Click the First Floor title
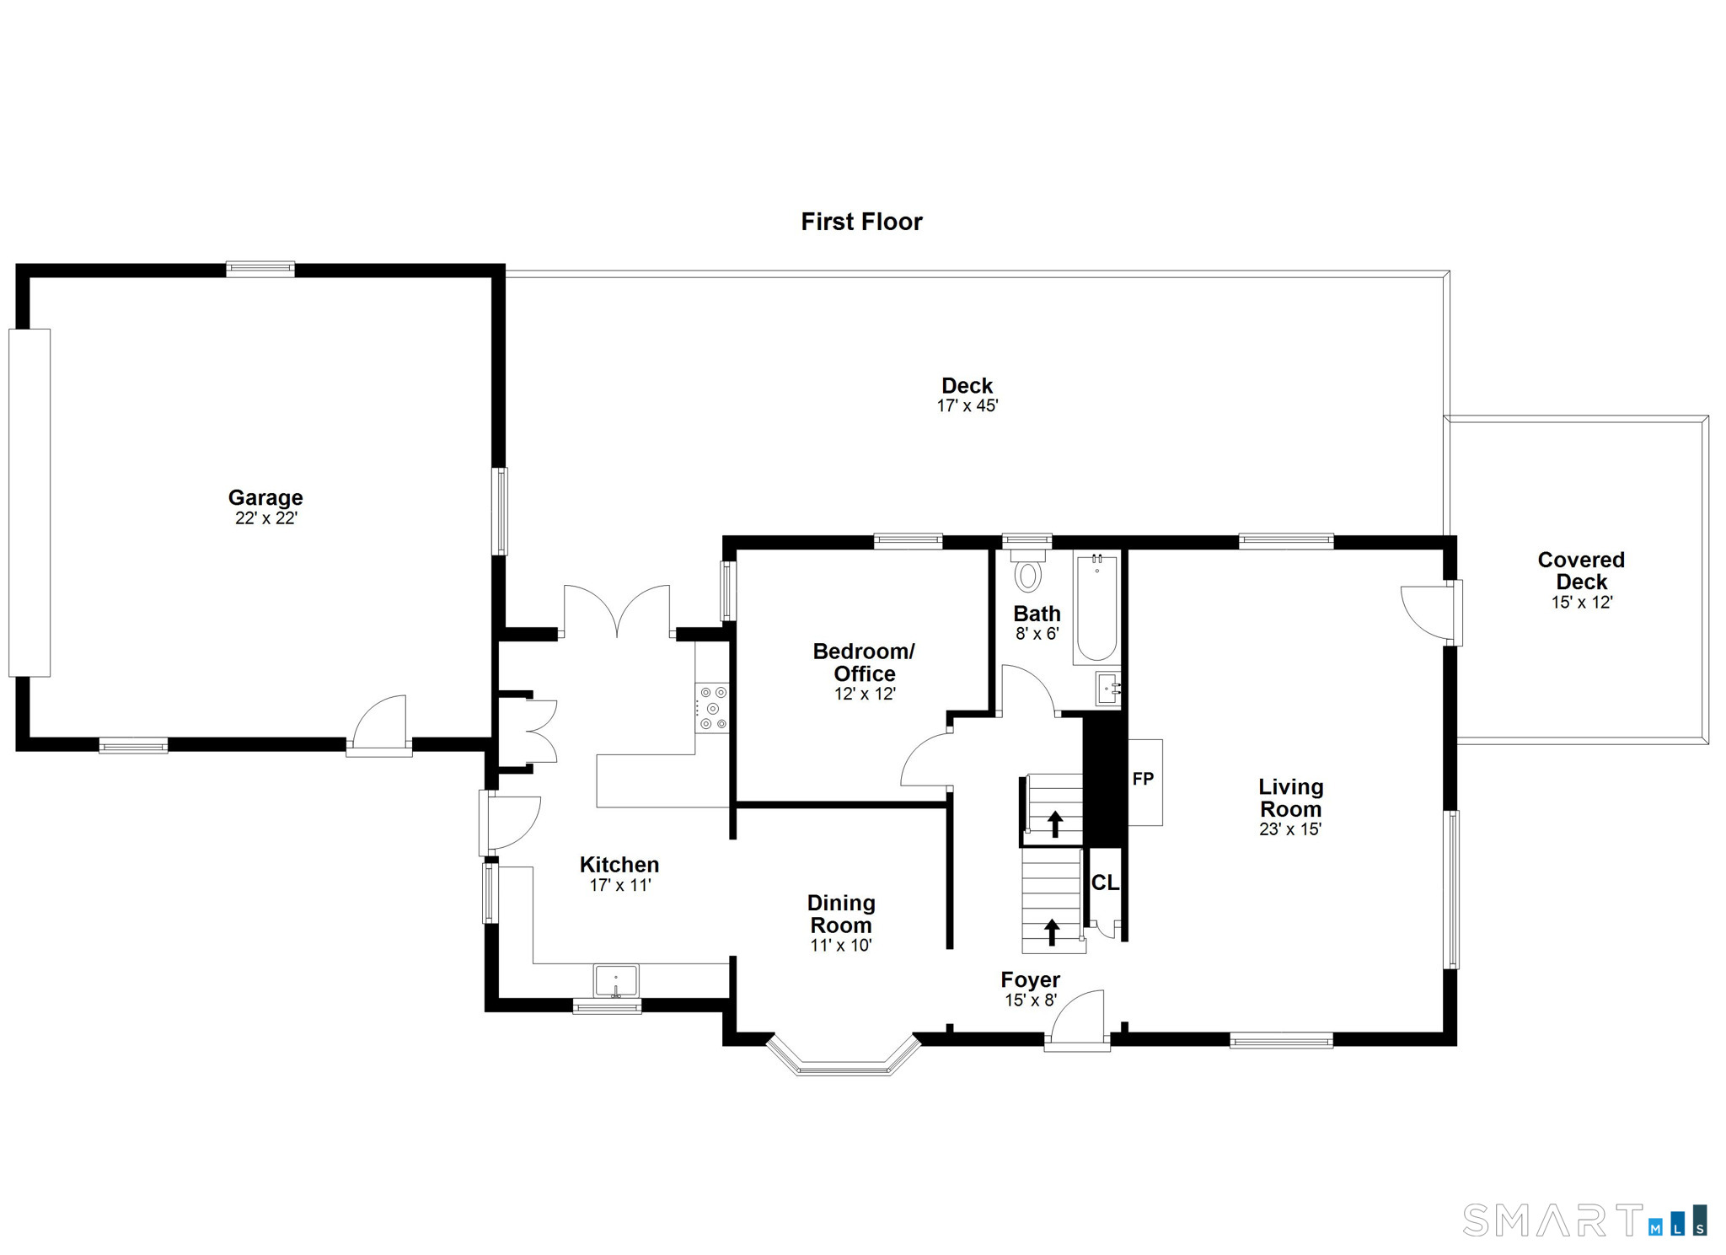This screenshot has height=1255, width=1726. pyautogui.click(x=861, y=222)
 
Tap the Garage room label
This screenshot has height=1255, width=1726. pyautogui.click(x=265, y=497)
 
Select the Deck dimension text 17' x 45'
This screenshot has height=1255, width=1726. pyautogui.click(x=967, y=406)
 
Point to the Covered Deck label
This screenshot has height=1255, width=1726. pyautogui.click(x=1581, y=571)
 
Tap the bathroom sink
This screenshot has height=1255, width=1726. pyautogui.click(x=1107, y=689)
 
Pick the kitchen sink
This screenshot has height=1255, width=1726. pyautogui.click(x=616, y=981)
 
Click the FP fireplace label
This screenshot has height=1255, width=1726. pyautogui.click(x=1143, y=780)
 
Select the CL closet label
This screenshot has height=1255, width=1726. pyautogui.click(x=1105, y=882)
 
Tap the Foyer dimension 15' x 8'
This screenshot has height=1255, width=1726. pyautogui.click(x=1030, y=1000)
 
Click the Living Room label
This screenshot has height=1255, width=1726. pyautogui.click(x=1290, y=798)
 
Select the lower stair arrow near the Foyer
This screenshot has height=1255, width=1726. pyautogui.click(x=1052, y=931)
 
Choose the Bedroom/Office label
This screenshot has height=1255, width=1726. pyautogui.click(x=864, y=662)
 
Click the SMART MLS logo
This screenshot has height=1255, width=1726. pyautogui.click(x=1584, y=1220)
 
